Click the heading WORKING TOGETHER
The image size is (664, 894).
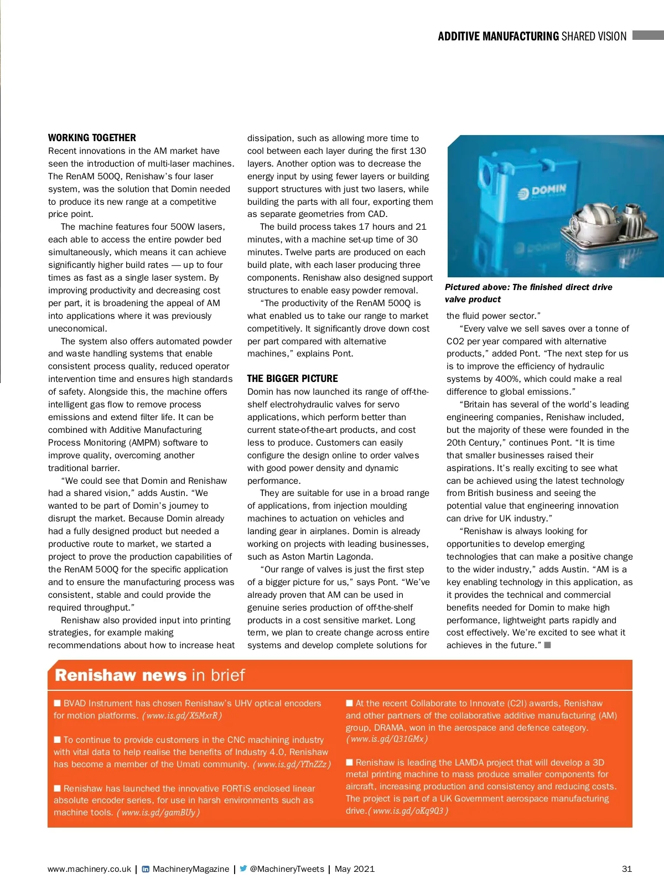point(92,138)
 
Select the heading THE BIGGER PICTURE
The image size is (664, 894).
point(292,379)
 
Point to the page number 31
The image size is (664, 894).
point(626,869)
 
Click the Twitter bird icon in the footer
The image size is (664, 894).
point(243,869)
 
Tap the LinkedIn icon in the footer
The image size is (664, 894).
point(146,869)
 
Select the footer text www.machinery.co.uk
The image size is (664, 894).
point(89,869)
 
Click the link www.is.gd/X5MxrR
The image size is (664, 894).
point(182,716)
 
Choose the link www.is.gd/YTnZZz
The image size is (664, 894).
point(292,764)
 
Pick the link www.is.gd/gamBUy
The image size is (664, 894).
point(158,813)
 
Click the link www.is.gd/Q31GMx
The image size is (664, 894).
point(387,739)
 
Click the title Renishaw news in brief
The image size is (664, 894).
point(149,675)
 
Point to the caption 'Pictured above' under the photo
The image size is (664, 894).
point(528,293)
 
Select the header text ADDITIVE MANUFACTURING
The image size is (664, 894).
point(498,37)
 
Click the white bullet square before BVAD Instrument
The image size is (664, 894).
point(57,703)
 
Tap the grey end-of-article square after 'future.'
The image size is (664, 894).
point(547,645)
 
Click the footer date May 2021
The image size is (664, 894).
point(354,869)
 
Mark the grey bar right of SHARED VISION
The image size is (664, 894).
point(647,35)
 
